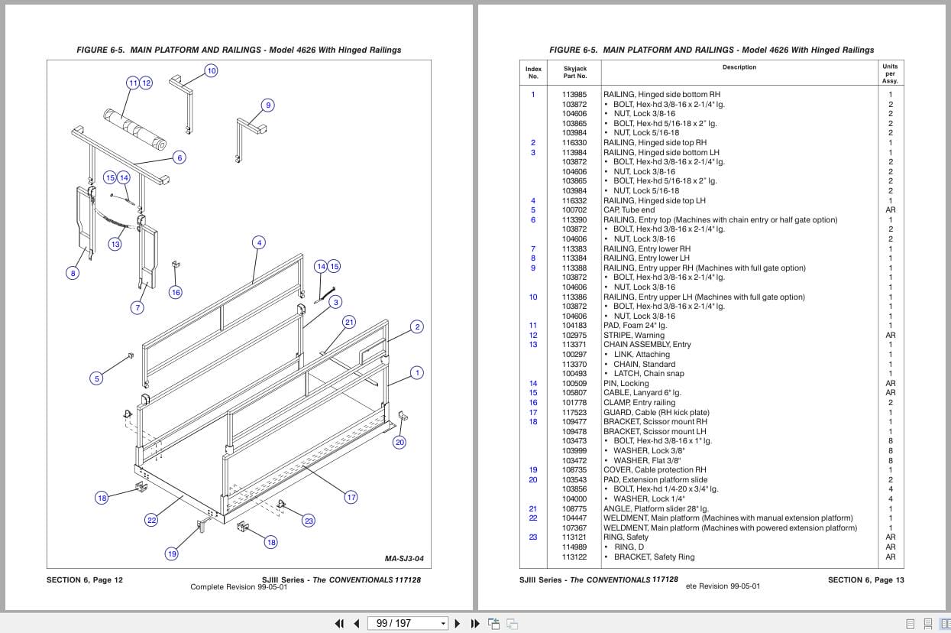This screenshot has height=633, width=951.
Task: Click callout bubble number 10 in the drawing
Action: click(x=212, y=70)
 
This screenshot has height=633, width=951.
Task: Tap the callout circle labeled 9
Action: click(x=267, y=105)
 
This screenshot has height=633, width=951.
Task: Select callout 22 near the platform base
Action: click(x=151, y=521)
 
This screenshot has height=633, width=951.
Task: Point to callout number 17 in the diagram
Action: click(x=351, y=497)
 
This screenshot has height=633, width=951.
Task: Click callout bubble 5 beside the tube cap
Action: click(x=96, y=378)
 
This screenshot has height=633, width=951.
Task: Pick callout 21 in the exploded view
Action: click(x=349, y=322)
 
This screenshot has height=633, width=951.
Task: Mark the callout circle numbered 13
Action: click(x=115, y=245)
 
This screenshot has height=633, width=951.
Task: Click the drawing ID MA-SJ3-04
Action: click(x=404, y=559)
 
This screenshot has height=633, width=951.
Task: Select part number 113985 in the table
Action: click(x=574, y=95)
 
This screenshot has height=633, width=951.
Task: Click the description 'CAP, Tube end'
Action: click(x=629, y=210)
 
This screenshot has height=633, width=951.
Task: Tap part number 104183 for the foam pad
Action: click(x=574, y=326)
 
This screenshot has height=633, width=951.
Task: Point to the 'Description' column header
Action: click(x=739, y=67)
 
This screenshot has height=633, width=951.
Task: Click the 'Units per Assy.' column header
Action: click(x=890, y=73)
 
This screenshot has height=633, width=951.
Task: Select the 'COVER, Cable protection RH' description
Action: click(x=655, y=470)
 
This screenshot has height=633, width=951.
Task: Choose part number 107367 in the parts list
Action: click(x=574, y=527)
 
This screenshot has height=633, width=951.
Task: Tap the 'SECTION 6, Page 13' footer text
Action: click(x=865, y=580)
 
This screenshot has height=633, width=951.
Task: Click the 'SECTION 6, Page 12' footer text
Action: click(x=85, y=580)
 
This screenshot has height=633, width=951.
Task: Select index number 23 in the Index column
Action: click(x=533, y=537)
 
